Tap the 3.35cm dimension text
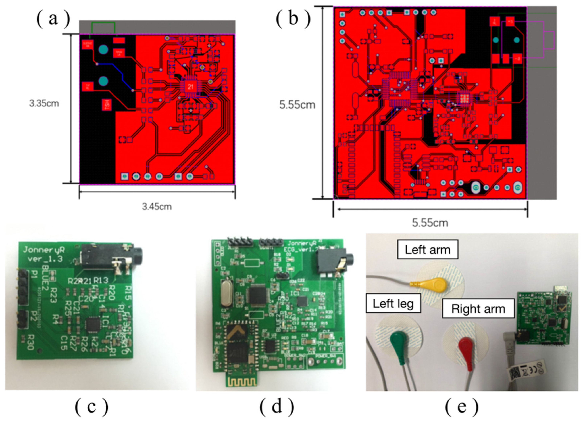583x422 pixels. click(x=44, y=104)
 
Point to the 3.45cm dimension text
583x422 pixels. click(x=157, y=207)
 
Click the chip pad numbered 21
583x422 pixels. click(x=190, y=87)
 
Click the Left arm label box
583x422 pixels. click(x=428, y=249)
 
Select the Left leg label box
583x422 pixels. click(x=393, y=304)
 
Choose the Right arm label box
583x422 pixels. click(x=478, y=309)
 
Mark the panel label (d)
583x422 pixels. click(x=277, y=407)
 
